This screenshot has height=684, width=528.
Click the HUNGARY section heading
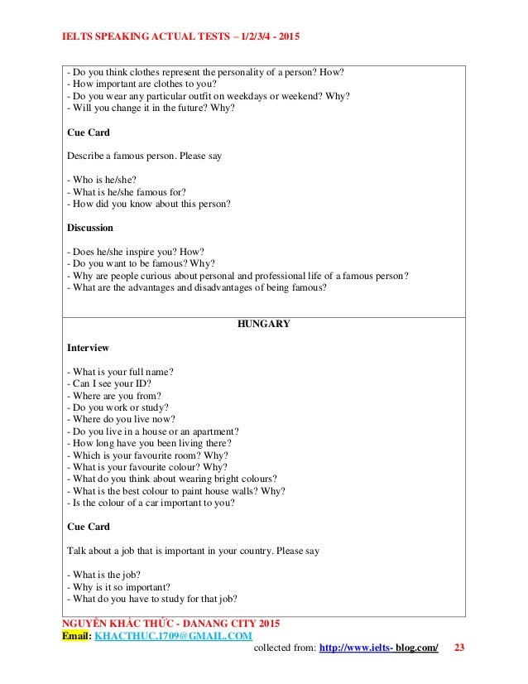point(263,324)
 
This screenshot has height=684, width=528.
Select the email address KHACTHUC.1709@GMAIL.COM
point(173,635)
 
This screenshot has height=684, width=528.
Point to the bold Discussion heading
point(89,228)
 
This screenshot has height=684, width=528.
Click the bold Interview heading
point(87,348)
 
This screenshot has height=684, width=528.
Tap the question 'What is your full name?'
point(125,371)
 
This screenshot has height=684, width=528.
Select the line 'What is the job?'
point(107,575)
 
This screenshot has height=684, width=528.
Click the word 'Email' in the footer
point(76,635)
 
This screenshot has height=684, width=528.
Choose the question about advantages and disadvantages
point(196,287)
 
